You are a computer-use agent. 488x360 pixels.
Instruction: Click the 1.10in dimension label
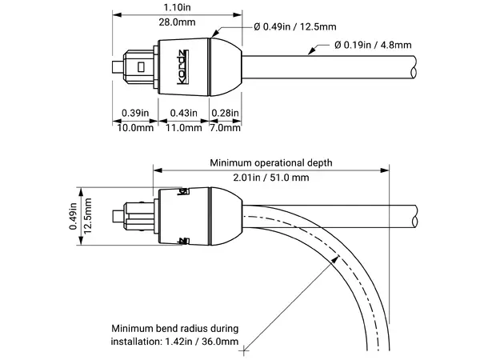(x=177, y=7)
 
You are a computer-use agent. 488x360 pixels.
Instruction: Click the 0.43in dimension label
(x=185, y=114)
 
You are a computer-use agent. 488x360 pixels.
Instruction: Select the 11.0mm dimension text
(x=185, y=128)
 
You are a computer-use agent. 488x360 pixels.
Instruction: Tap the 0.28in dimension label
(x=225, y=114)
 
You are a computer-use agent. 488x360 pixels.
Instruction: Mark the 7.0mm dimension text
(x=224, y=128)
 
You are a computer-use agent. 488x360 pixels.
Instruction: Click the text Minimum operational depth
(x=270, y=162)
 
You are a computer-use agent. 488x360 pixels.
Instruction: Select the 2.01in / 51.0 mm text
(x=270, y=177)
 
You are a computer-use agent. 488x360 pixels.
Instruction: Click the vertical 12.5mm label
(x=89, y=216)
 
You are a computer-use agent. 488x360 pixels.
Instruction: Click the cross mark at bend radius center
(x=247, y=348)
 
